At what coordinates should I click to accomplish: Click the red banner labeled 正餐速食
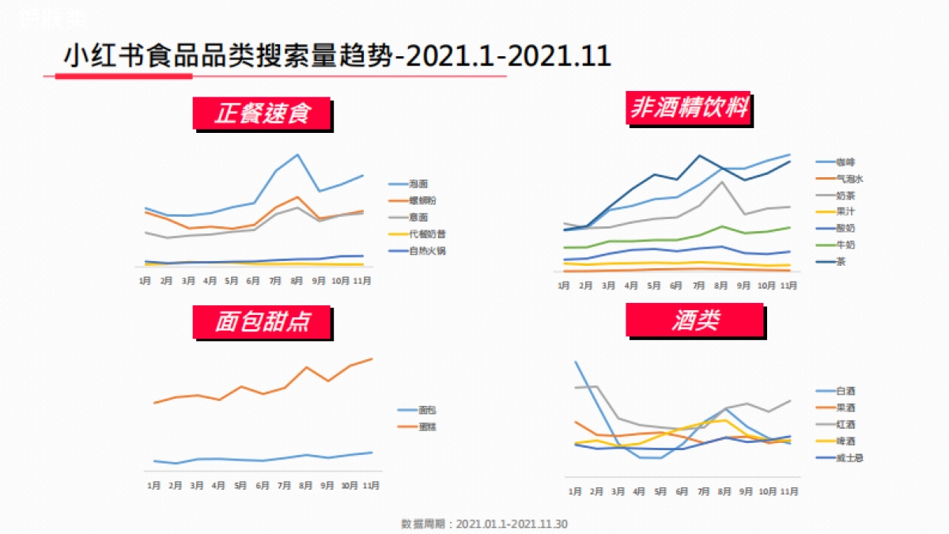[261, 113]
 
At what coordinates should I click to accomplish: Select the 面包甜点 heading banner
[262, 321]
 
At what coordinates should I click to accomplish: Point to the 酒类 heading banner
[695, 320]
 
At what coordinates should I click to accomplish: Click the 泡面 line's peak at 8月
[297, 155]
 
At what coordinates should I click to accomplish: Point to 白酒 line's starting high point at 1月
[575, 362]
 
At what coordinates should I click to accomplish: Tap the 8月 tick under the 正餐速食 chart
[297, 281]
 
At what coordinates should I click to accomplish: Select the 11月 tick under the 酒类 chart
[788, 491]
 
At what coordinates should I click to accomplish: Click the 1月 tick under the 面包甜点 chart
[154, 485]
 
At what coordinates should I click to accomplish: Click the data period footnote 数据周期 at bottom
[484, 524]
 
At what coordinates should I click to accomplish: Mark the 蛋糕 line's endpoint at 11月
[372, 359]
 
